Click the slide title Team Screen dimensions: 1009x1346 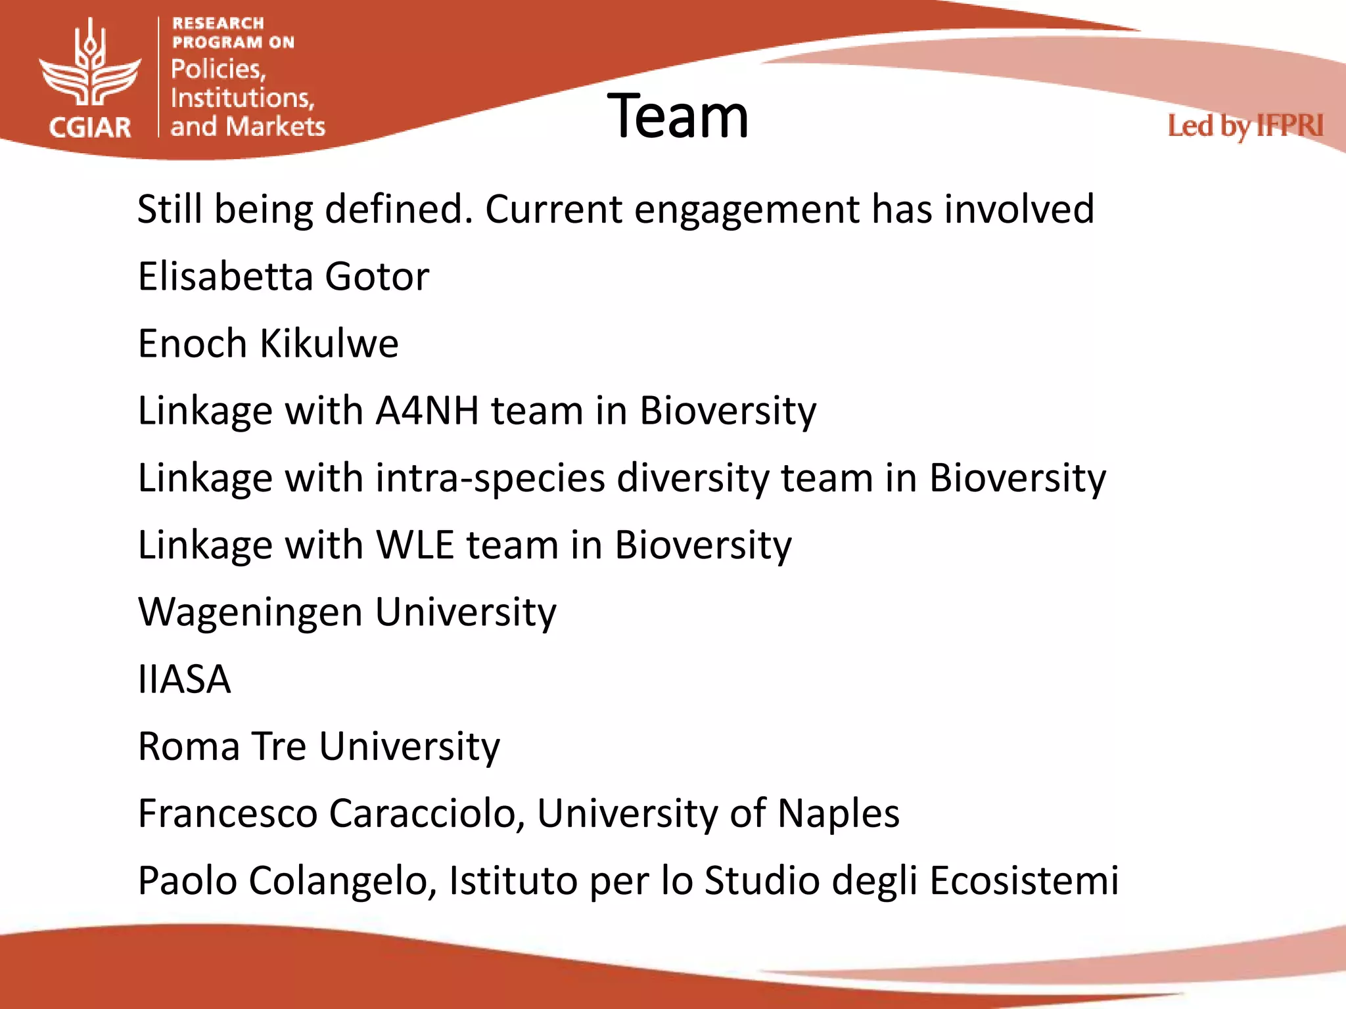tap(678, 117)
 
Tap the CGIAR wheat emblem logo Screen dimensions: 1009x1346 tap(90, 66)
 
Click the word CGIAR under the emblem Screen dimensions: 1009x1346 tap(90, 127)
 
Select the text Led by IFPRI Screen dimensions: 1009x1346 tap(1245, 126)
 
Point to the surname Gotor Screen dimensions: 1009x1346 tap(377, 277)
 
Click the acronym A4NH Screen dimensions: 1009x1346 tap(427, 411)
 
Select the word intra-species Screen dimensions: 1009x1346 tap(490, 478)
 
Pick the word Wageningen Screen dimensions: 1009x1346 tap(250, 612)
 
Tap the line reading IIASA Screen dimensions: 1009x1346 tap(184, 679)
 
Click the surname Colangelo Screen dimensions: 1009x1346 tap(342, 881)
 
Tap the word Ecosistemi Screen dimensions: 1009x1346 tap(1023, 881)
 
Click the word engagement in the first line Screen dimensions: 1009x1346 tap(746, 210)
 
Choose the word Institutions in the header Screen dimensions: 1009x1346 tap(242, 99)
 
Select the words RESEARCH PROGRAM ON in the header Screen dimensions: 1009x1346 tap(233, 33)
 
